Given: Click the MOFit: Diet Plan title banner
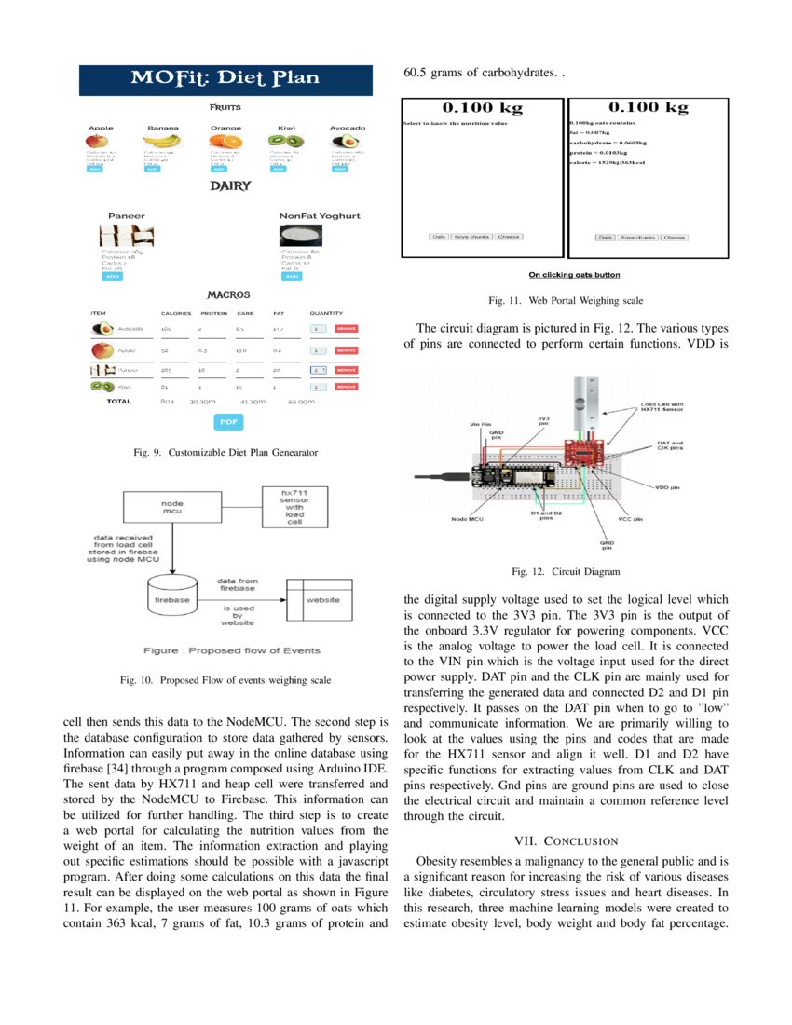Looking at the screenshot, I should point(225,78).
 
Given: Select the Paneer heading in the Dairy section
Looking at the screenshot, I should point(127,215).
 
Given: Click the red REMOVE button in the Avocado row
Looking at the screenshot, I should point(346,329).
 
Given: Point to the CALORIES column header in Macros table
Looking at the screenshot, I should point(176,313).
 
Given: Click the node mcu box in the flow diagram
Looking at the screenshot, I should point(171,508).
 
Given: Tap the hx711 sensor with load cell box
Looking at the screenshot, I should point(294,506).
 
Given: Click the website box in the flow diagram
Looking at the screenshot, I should point(322,599).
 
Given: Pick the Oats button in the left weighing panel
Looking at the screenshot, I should point(438,237).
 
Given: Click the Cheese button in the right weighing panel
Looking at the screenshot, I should point(674,238).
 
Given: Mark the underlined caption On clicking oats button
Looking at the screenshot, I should point(573,275).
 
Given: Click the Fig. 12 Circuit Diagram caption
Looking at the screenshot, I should point(567,571).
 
